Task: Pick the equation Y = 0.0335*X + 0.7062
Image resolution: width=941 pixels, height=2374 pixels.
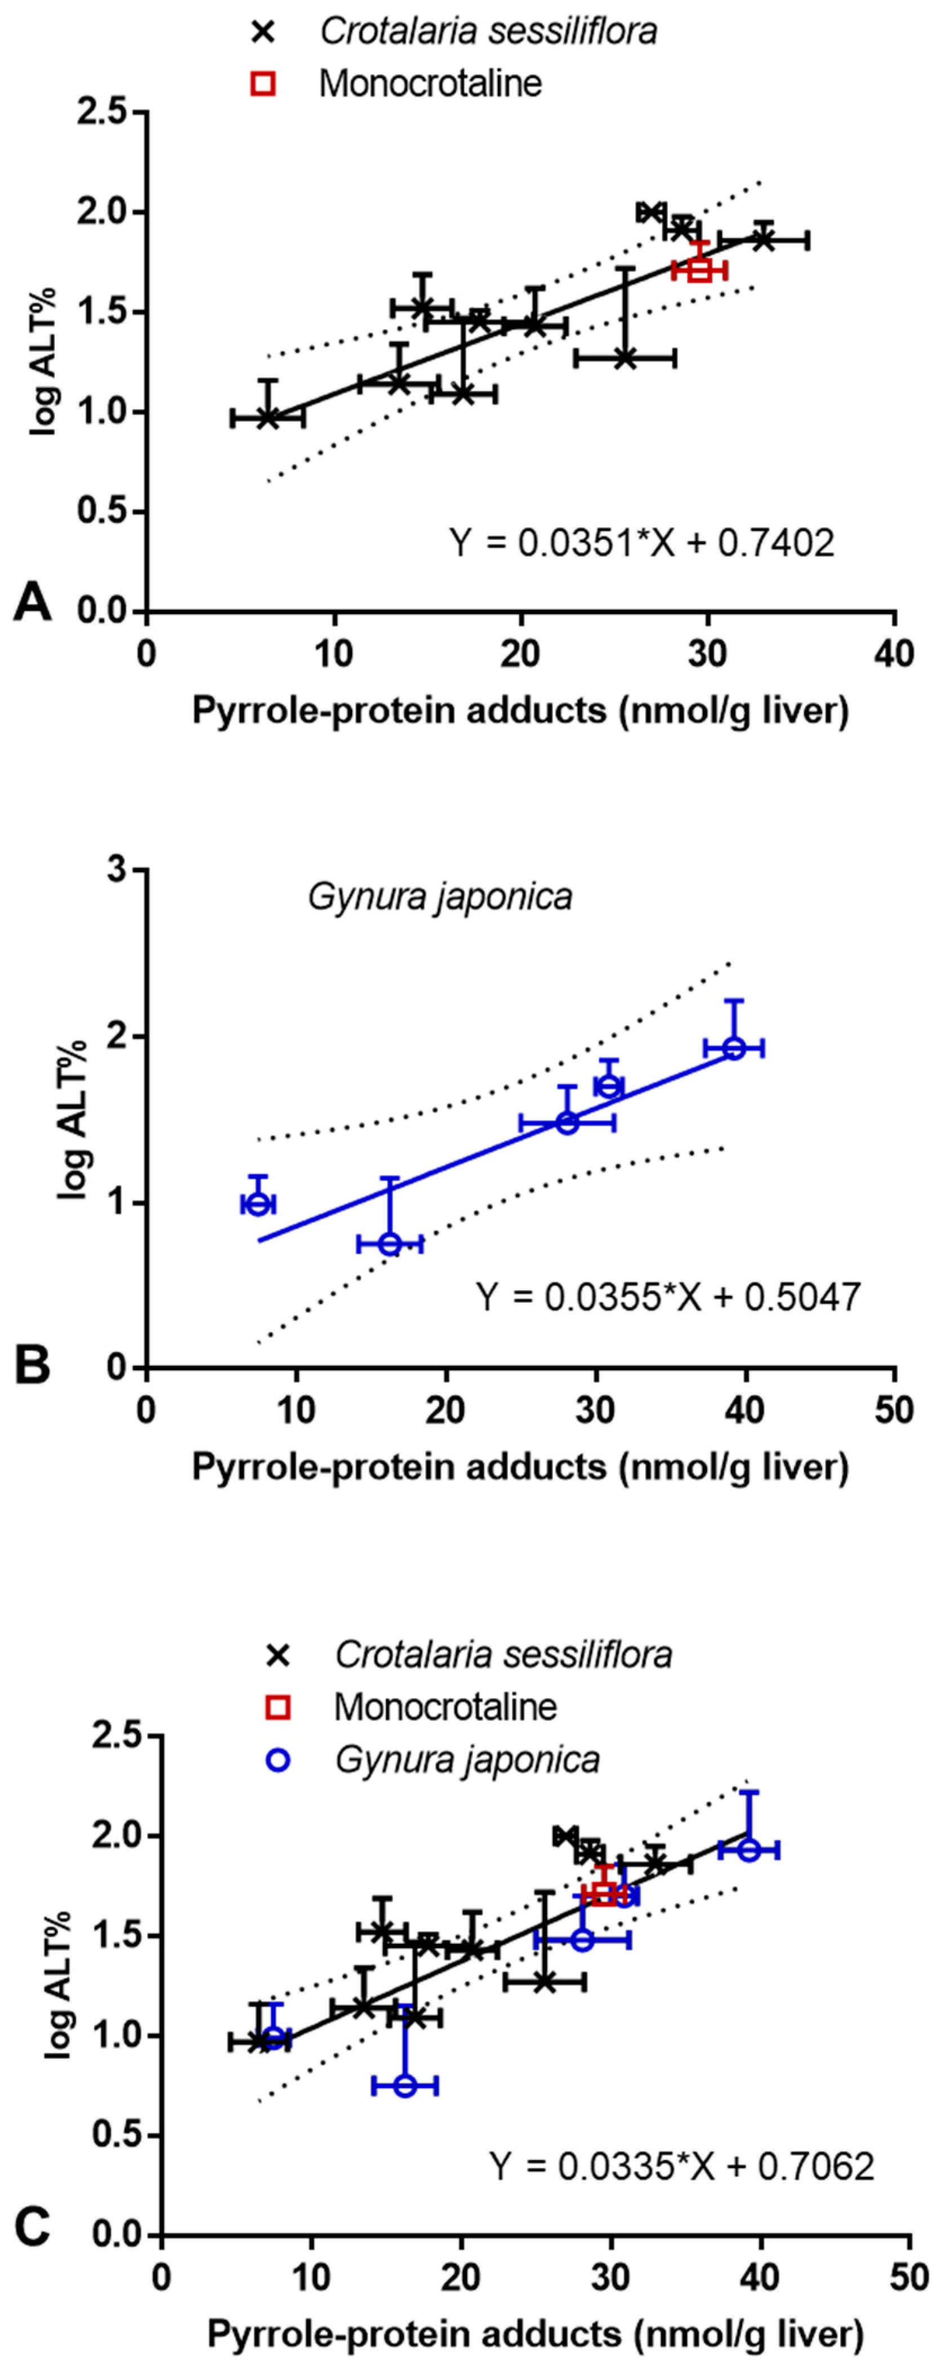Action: [x=682, y=2166]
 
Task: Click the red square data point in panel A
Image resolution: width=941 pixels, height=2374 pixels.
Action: [x=699, y=270]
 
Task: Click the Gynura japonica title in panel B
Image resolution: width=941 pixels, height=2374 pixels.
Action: [x=440, y=897]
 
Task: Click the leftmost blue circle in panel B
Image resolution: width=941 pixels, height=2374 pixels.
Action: [x=258, y=1204]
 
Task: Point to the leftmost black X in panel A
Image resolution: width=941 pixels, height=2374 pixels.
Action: [x=267, y=418]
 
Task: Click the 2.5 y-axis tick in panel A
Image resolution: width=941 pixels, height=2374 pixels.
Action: [x=108, y=113]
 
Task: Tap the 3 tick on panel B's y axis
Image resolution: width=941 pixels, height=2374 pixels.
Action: [x=116, y=871]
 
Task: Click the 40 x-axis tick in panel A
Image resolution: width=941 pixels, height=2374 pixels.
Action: [x=894, y=654]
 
